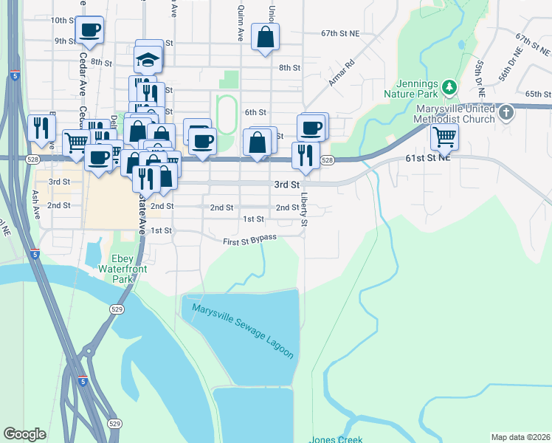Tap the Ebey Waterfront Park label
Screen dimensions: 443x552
122,269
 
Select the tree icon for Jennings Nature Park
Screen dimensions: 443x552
448,89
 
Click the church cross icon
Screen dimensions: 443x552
506,113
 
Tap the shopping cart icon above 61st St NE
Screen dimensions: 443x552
444,136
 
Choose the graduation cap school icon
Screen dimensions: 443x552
148,59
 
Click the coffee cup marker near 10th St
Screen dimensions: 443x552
89,30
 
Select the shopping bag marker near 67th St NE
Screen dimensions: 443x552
265,36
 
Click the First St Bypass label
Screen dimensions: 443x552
250,239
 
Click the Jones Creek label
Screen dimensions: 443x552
336,439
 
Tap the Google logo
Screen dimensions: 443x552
24,434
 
